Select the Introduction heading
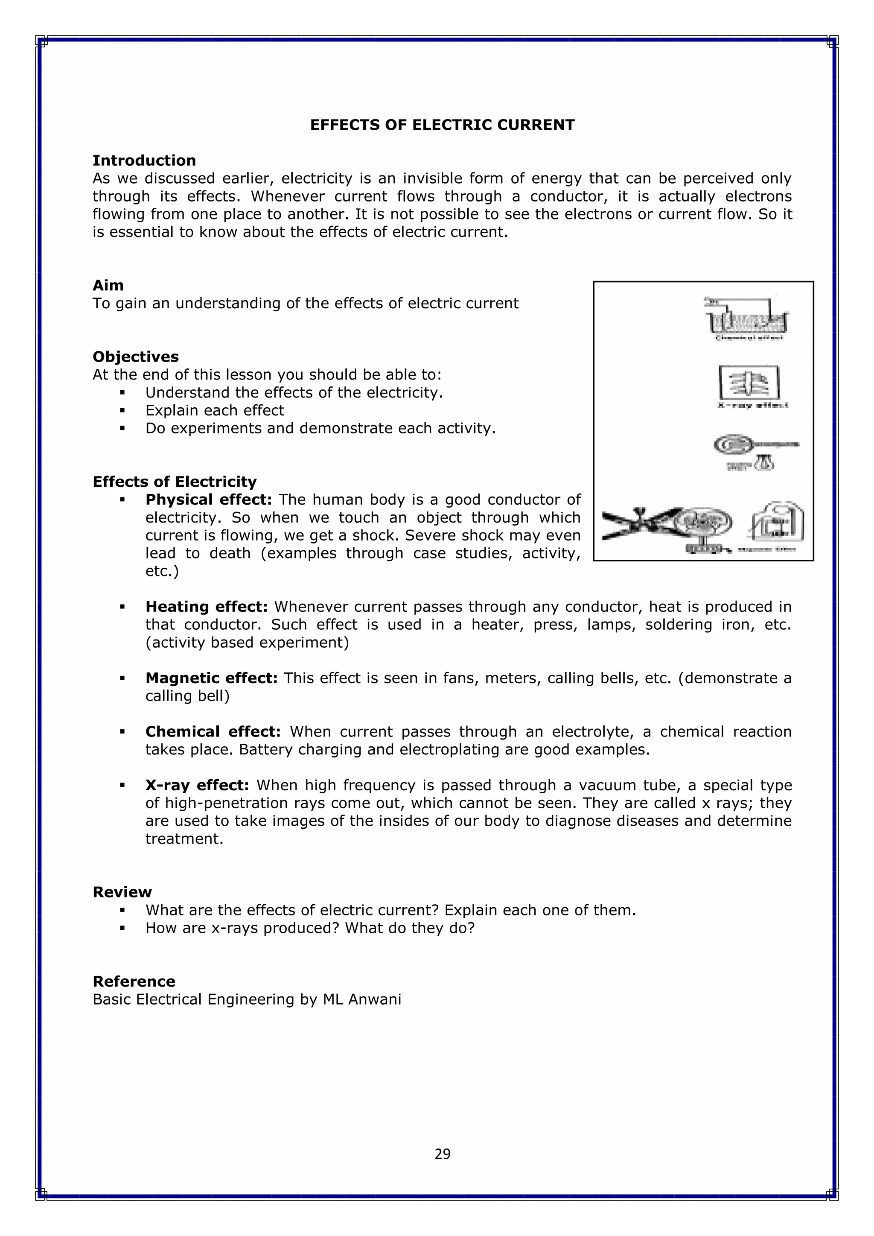[x=144, y=161]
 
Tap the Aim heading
[x=108, y=285]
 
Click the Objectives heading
[x=136, y=357]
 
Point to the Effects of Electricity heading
[x=175, y=482]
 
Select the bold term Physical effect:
[x=209, y=500]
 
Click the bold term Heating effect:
[x=207, y=607]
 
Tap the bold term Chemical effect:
[x=213, y=732]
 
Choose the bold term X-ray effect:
[x=198, y=786]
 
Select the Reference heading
[x=134, y=982]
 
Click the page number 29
[x=443, y=1154]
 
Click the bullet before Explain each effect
[x=123, y=411]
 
